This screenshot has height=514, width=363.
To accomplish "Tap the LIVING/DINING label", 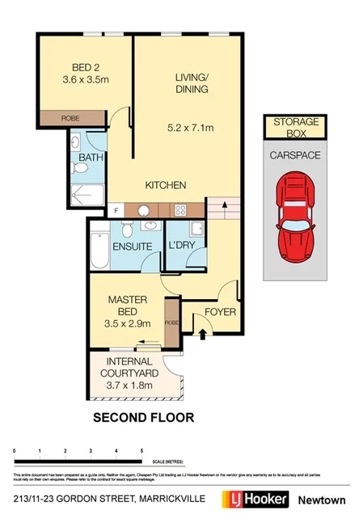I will pos(192,83).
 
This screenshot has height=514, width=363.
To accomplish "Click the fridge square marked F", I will pos(116,210).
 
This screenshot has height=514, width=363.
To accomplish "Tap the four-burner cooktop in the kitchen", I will pos(175,209).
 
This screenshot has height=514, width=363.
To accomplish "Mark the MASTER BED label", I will pos(127,305).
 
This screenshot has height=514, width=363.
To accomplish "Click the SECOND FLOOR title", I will pos(143,418).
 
